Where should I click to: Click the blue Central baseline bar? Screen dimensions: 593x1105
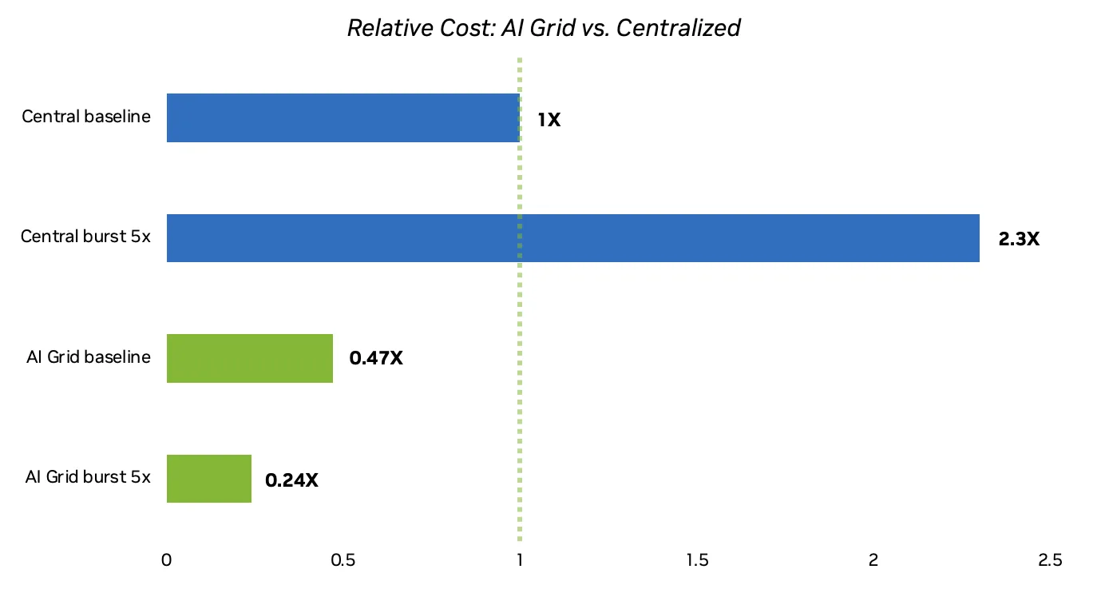tap(343, 118)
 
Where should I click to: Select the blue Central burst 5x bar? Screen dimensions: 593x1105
tap(572, 238)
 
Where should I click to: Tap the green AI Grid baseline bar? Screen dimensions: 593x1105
tap(249, 359)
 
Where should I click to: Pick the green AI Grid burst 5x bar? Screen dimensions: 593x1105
tap(209, 479)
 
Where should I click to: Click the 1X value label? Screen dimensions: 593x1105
tap(549, 121)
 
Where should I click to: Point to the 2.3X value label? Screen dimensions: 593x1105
tap(1019, 239)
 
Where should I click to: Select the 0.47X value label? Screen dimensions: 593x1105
tap(376, 358)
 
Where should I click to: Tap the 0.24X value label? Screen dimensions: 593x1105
tap(291, 480)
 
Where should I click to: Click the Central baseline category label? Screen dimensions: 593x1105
tap(86, 117)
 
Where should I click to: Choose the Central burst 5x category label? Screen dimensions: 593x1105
tap(85, 237)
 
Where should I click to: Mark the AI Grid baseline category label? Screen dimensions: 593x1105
tap(88, 356)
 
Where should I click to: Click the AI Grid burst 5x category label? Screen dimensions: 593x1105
tap(88, 477)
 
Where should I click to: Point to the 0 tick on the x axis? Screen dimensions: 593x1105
tap(167, 561)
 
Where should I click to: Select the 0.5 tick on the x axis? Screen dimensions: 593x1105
tap(343, 561)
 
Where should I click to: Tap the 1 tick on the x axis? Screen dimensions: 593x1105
tap(520, 561)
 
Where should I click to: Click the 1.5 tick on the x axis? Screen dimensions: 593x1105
tap(697, 561)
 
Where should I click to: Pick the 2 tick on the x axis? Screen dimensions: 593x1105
tap(873, 561)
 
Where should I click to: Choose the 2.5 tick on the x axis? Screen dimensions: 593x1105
tap(1050, 561)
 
